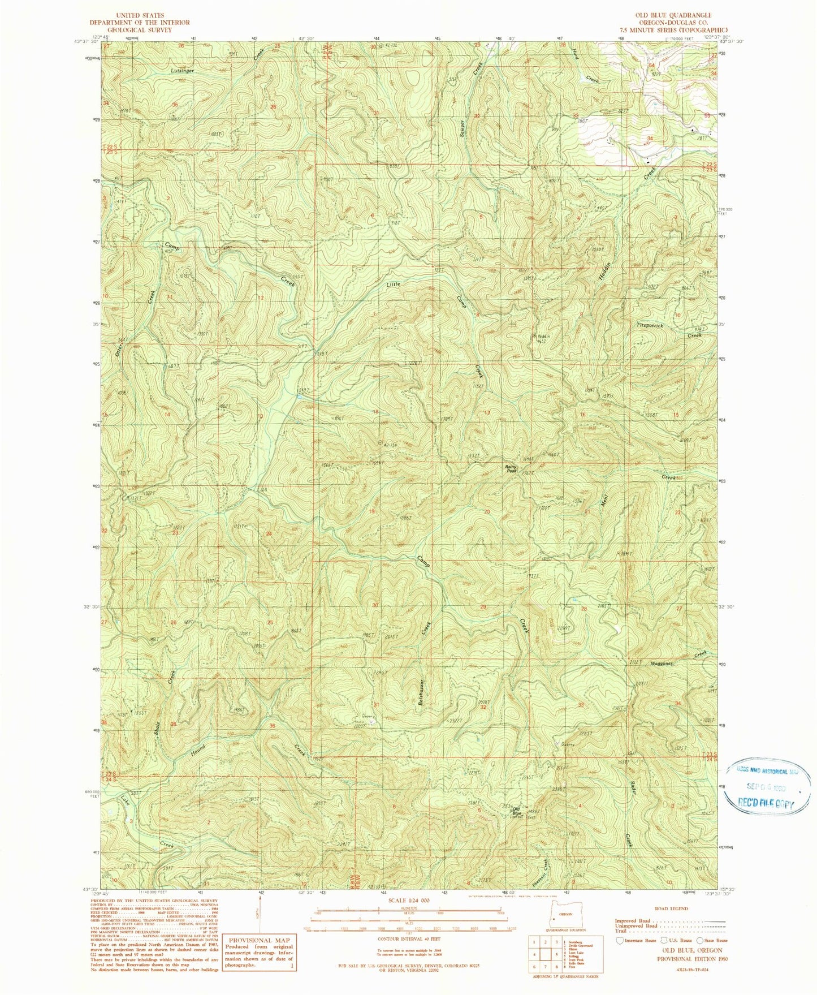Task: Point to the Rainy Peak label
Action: click(x=511, y=468)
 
